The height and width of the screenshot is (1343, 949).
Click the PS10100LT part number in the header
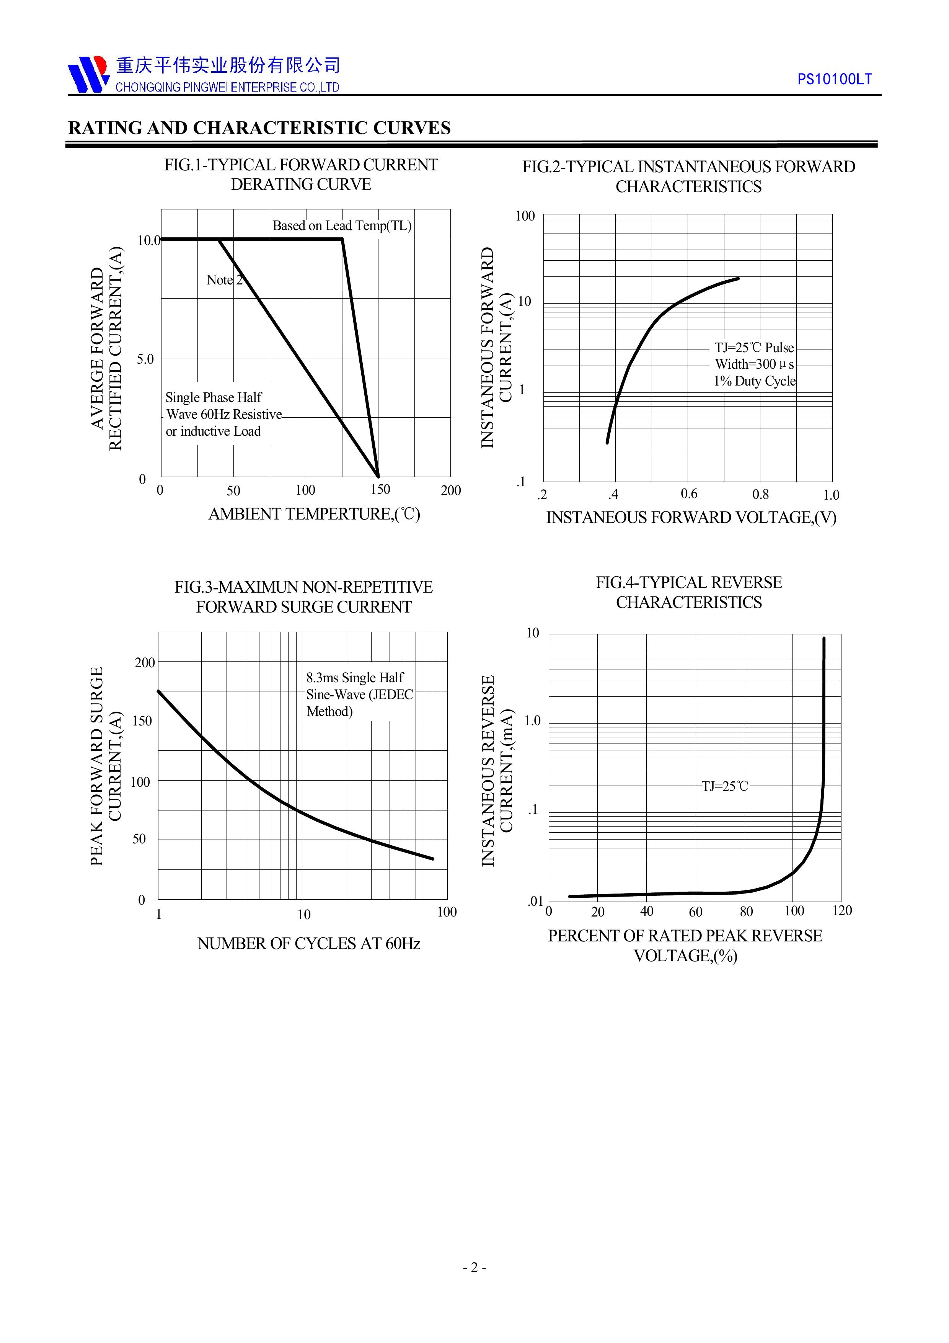click(835, 80)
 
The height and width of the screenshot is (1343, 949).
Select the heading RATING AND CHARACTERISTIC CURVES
click(259, 128)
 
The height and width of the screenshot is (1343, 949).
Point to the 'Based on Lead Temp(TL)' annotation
click(342, 226)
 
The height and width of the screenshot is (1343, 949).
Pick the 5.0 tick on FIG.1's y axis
click(145, 359)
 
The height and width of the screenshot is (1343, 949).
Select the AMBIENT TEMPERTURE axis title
click(314, 514)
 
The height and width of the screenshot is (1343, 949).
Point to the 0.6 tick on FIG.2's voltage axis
click(689, 494)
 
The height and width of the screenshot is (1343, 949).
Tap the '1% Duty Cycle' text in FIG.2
click(754, 381)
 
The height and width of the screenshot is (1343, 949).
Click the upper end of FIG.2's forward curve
click(738, 278)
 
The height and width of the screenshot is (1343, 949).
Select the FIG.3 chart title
click(303, 596)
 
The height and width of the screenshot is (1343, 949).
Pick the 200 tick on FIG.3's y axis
click(144, 663)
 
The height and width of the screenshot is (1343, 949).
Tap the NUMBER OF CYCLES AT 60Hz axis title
click(309, 943)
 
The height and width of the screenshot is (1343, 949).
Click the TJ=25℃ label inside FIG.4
click(724, 786)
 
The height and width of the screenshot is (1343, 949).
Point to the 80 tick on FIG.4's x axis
click(746, 911)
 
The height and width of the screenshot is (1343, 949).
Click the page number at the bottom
click(474, 1284)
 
